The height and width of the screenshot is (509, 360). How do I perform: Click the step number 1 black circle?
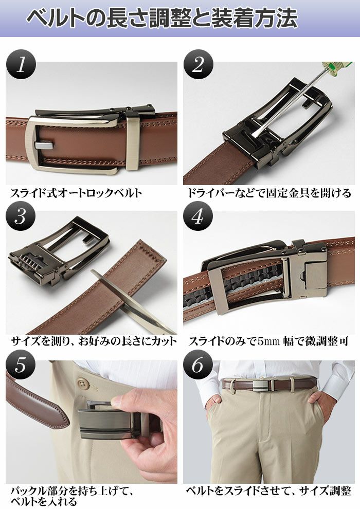21,64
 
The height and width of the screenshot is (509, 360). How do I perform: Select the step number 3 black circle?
21,216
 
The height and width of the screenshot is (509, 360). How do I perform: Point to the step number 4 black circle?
198,216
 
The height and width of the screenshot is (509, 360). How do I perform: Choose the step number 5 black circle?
21,365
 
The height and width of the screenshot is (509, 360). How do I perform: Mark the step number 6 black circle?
198,365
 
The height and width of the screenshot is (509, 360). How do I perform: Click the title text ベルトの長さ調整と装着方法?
162,18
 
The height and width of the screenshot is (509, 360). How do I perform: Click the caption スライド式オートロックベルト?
76,193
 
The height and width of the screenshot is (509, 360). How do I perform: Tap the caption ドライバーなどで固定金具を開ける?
269,193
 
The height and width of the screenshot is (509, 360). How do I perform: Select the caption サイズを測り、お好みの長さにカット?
94,341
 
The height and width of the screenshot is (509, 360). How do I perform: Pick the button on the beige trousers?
84,383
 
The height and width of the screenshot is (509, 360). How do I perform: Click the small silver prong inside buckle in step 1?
44,146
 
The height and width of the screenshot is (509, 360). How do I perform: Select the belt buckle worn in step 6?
262,385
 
